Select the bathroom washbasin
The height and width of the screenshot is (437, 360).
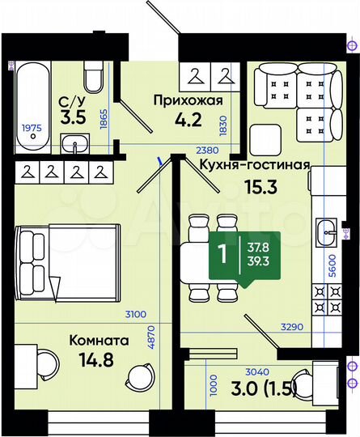(77, 146)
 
